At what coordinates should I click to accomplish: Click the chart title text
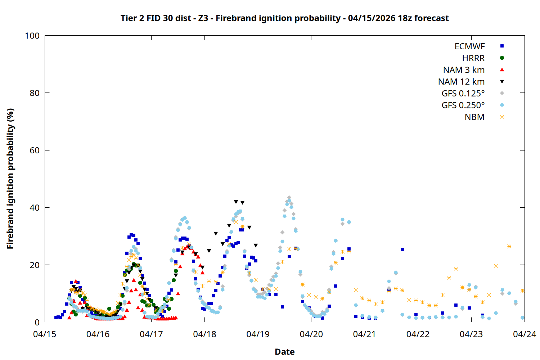[284, 18]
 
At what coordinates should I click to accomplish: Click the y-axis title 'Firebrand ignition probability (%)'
[10, 179]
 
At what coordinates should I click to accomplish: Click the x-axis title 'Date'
[284, 352]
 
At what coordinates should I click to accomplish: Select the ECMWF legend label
[469, 46]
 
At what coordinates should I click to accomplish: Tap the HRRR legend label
[473, 58]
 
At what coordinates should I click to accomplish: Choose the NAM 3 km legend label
[464, 70]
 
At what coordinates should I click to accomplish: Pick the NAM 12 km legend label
[461, 82]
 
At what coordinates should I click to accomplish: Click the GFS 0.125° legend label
[463, 94]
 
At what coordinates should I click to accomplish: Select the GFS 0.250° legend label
[463, 105]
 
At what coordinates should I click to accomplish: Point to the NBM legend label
[474, 117]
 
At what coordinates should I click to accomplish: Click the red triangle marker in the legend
[502, 70]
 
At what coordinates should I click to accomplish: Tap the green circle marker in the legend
[502, 58]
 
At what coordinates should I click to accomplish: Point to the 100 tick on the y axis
[32, 36]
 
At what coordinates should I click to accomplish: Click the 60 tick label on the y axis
[35, 150]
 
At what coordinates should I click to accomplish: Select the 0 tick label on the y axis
[37, 323]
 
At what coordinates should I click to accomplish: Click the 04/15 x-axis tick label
[45, 334]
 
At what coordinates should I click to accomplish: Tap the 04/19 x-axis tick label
[258, 334]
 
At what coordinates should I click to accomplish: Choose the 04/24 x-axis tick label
[524, 334]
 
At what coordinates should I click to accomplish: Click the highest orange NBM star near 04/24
[509, 247]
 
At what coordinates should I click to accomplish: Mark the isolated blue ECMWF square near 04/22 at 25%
[402, 249]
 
